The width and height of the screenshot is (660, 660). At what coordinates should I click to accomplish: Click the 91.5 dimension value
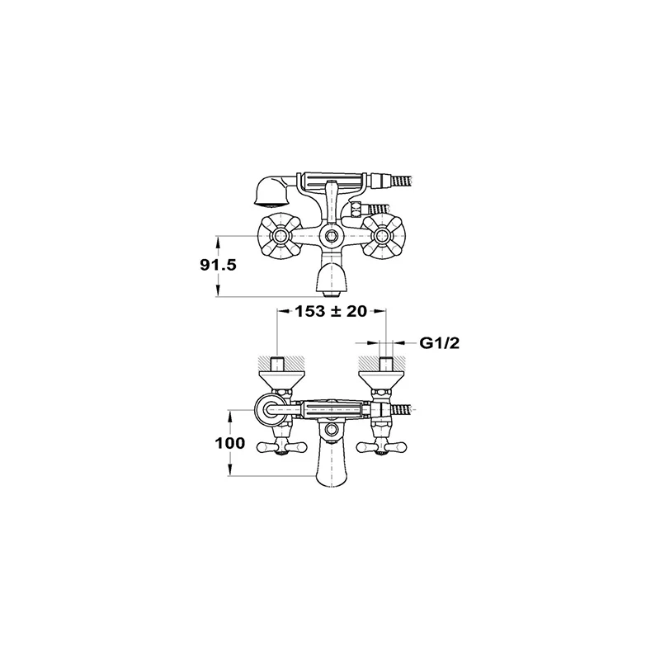(x=218, y=265)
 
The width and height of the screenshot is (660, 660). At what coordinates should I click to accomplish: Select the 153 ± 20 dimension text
(x=331, y=312)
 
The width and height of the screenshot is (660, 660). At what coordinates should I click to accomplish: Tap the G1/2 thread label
(x=440, y=343)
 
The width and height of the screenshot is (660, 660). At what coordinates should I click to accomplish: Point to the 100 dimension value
(x=230, y=443)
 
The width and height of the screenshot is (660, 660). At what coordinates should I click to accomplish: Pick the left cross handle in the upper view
(x=277, y=235)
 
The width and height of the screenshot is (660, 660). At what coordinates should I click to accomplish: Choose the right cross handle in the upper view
(x=382, y=235)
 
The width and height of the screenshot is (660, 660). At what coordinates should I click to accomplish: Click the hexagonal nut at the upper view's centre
(x=330, y=235)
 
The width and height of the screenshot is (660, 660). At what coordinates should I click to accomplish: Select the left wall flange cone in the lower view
(x=277, y=380)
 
